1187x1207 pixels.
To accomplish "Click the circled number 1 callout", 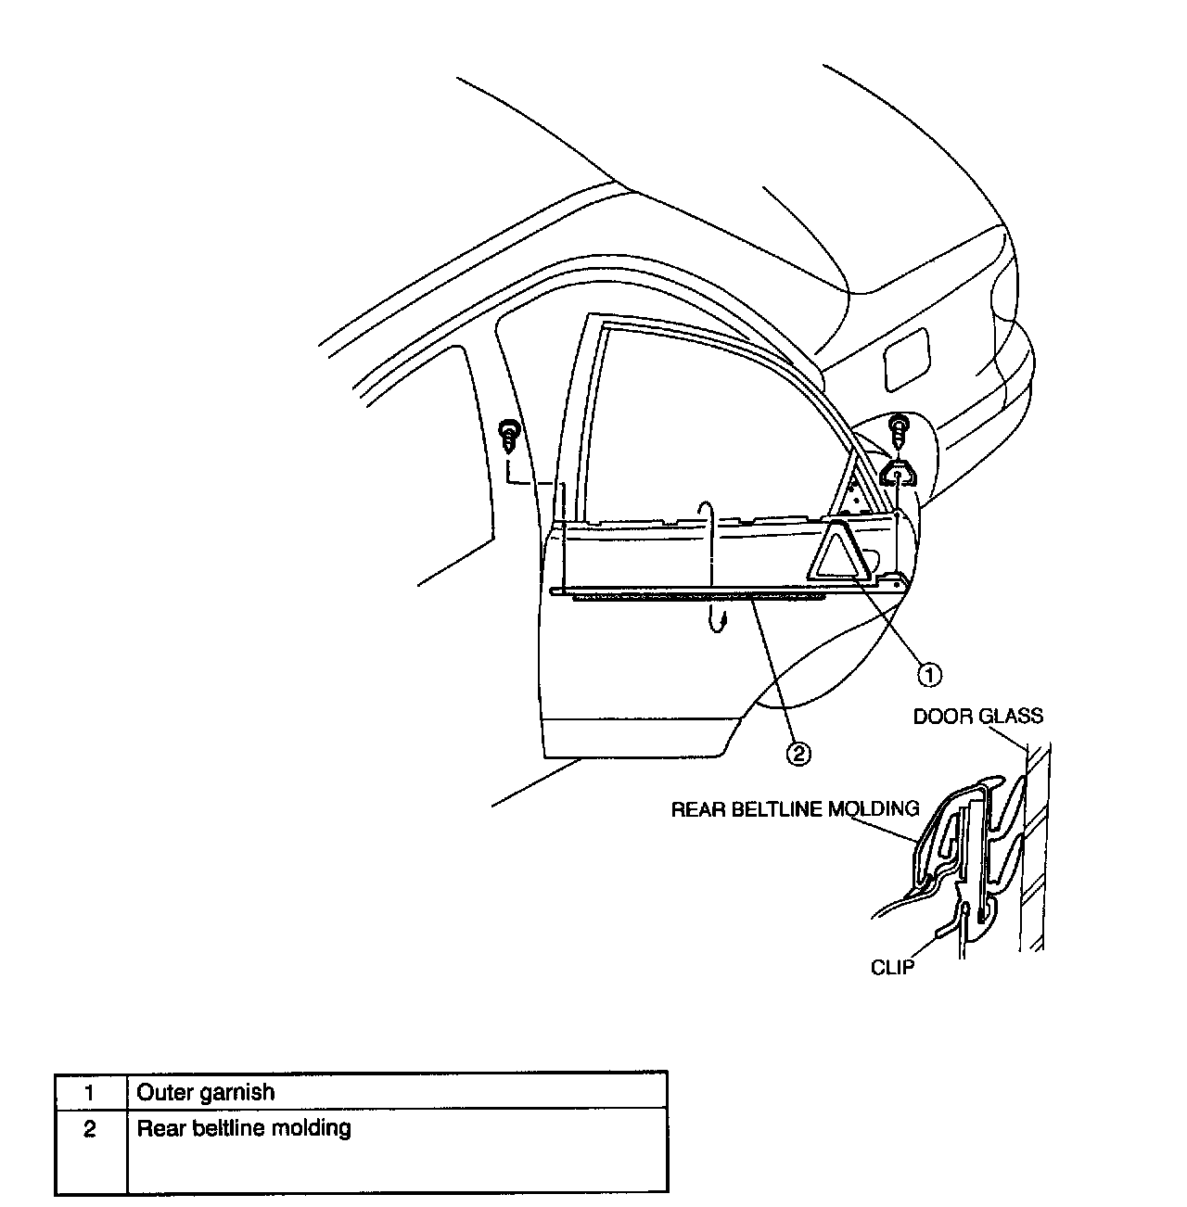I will pos(930,674).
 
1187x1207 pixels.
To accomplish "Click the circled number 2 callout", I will pos(798,753).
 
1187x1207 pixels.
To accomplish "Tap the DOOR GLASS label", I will pos(977,716).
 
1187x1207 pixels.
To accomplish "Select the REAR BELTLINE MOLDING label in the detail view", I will pos(795,808).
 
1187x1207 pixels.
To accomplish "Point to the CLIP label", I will pos(892,967).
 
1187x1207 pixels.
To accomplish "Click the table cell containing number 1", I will pos(90,1092).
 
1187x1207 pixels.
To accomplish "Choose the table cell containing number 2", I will pos(90,1129).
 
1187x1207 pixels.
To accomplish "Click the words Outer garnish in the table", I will pos(205,1092).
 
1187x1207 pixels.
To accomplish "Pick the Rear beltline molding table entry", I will pos(244,1128).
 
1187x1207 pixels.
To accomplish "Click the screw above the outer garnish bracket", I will pos(898,429).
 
